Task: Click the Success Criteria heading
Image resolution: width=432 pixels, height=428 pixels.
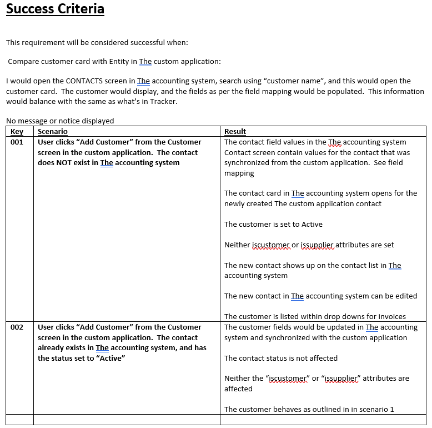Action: tap(55, 9)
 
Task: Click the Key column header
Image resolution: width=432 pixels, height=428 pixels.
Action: tap(17, 132)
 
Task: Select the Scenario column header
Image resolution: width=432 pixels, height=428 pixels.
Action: tap(53, 132)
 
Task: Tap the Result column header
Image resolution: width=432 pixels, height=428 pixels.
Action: tap(235, 132)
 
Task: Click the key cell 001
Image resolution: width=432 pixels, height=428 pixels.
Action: tap(17, 142)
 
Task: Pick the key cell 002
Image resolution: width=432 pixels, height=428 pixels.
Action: tap(17, 327)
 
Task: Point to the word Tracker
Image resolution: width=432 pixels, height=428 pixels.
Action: tap(163, 102)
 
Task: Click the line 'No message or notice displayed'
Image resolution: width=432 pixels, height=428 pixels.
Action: tap(60, 121)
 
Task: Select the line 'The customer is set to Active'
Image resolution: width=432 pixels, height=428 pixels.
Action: tap(273, 225)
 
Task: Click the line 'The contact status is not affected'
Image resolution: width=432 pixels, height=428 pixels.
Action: tap(281, 359)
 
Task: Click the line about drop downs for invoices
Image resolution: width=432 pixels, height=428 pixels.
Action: tap(315, 317)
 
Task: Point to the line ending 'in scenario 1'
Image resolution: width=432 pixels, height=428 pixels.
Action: tap(309, 410)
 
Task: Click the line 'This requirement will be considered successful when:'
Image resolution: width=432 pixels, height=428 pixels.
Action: tap(97, 42)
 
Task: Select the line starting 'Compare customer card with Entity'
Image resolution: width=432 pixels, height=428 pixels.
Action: tap(114, 62)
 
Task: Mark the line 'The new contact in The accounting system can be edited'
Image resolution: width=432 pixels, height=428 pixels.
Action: tap(320, 296)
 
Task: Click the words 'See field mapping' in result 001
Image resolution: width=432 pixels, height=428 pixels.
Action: tap(389, 163)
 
